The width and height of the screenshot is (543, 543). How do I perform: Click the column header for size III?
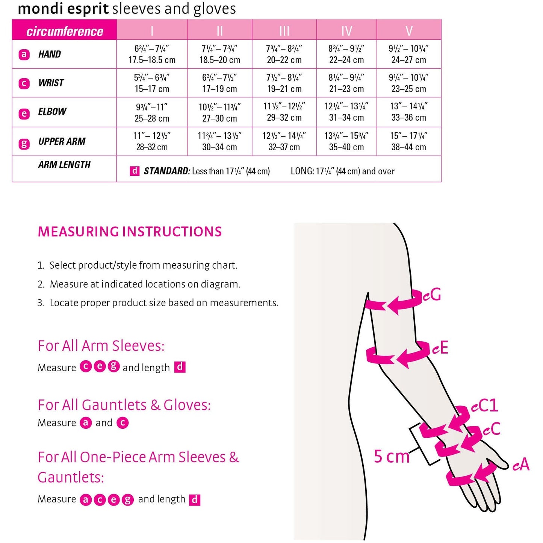[x=284, y=30]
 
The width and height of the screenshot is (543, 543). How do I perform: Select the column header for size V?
[x=409, y=30]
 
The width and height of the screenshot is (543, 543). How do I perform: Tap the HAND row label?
[x=49, y=54]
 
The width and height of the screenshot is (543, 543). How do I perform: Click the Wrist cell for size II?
[x=219, y=83]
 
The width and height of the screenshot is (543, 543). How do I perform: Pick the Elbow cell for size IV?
[x=346, y=112]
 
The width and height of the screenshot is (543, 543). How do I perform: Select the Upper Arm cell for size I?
[x=152, y=141]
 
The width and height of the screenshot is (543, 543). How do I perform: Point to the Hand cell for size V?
[x=409, y=54]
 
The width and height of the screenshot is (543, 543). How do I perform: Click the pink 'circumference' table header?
[x=64, y=31]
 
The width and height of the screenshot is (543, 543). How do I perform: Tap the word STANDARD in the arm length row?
[x=166, y=171]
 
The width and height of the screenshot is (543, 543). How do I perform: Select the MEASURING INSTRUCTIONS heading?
[x=130, y=232]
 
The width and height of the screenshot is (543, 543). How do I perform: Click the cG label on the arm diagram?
[x=432, y=295]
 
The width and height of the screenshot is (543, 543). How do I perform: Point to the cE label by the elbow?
[x=440, y=348]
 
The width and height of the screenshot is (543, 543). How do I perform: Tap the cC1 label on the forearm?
[x=484, y=405]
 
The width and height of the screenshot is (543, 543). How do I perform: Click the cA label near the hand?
[x=521, y=464]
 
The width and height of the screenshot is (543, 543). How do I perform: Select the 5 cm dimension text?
[x=392, y=457]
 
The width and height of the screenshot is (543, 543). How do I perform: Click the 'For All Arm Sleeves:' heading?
[x=101, y=346]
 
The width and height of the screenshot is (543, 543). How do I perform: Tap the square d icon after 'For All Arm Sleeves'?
[x=180, y=367]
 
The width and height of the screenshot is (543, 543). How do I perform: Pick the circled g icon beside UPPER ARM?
[x=24, y=144]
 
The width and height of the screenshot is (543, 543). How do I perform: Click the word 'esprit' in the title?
[x=88, y=8]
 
